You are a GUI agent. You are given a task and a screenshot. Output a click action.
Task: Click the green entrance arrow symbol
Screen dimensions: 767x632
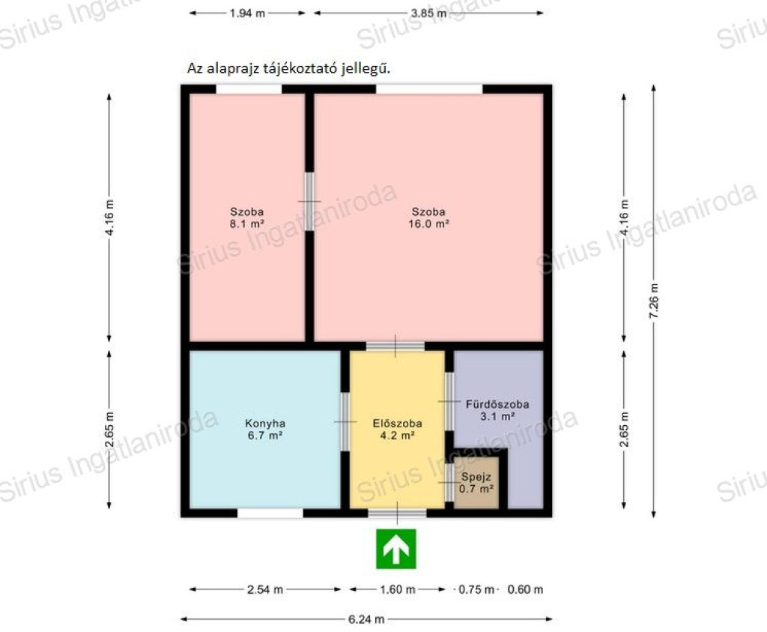[395, 549]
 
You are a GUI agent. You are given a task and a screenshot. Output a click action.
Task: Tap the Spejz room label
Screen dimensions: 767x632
[476, 476]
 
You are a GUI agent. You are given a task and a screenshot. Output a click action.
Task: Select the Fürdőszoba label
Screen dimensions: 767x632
[497, 404]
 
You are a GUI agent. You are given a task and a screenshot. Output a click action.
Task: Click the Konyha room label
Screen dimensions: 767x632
[265, 424]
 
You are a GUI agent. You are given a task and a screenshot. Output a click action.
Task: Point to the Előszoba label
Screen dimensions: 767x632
[397, 424]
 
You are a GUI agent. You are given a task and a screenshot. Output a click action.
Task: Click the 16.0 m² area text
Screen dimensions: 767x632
[429, 224]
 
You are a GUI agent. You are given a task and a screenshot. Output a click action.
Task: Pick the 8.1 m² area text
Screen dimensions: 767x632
[247, 224]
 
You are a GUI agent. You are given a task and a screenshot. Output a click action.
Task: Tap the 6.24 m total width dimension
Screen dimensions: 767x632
[366, 619]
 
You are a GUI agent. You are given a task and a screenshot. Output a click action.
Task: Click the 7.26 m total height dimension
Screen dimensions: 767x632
[654, 301]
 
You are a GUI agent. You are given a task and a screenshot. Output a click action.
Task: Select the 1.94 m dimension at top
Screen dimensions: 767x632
[247, 13]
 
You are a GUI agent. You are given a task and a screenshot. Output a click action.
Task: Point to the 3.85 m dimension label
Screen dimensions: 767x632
[429, 13]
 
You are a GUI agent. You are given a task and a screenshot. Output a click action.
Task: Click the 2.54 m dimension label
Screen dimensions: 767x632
[265, 589]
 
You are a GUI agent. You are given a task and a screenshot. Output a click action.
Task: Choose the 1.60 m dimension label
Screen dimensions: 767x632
[398, 589]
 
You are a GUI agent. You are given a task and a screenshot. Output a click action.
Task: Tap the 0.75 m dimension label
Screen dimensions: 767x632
[476, 589]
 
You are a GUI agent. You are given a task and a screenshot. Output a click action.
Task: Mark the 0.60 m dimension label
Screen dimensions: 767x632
[525, 589]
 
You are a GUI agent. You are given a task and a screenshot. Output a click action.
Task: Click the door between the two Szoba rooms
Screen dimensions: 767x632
[309, 201]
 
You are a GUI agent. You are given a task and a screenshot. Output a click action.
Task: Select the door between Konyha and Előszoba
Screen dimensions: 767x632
[345, 421]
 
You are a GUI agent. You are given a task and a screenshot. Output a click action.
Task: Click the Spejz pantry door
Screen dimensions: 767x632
[449, 482]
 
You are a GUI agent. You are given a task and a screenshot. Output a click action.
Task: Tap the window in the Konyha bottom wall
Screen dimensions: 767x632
[270, 513]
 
